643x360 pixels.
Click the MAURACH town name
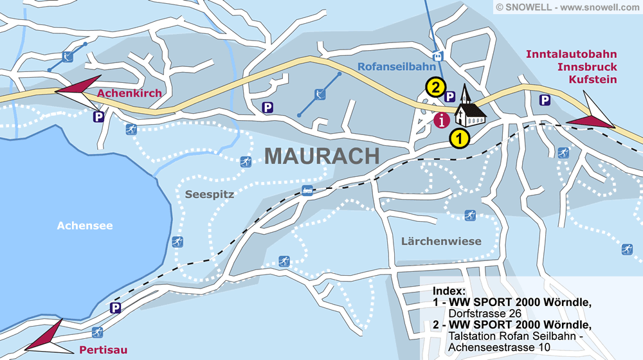[322, 156]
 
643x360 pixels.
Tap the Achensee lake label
[84, 226]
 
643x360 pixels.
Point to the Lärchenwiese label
[440, 241]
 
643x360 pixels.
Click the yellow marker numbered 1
[459, 137]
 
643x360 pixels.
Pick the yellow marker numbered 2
[435, 87]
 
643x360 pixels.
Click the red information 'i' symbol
[442, 120]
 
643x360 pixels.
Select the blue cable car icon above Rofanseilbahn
[438, 56]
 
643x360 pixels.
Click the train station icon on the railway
[308, 190]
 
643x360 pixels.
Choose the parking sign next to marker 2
[450, 96]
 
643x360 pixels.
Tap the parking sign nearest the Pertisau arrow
[115, 308]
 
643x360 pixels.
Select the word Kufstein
[592, 79]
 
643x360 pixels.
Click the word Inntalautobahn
[571, 55]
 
